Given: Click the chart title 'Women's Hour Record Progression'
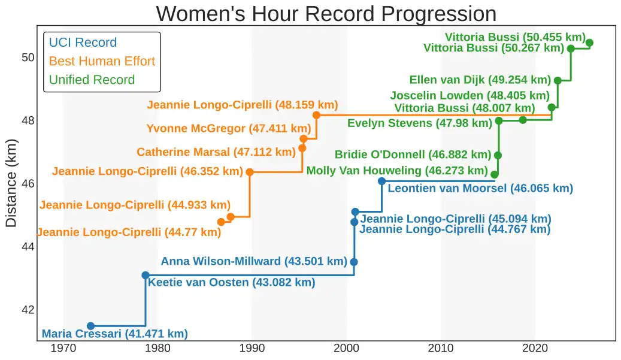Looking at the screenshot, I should (x=326, y=13).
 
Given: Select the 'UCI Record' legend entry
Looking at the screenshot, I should (x=83, y=43).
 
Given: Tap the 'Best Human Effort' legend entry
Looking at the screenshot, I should (x=102, y=61).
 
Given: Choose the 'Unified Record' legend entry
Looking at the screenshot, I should (x=92, y=80).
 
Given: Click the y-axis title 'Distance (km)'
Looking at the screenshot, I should (x=11, y=183).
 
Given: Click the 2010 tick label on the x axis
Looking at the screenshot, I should (x=441, y=348).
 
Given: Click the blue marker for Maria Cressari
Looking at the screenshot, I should (x=90, y=326).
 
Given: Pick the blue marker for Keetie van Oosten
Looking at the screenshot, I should (x=146, y=275).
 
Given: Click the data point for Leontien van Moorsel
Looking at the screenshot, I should (x=381, y=181).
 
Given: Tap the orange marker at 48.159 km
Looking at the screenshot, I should (x=316, y=115).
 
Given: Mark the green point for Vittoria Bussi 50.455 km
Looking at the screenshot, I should (x=589, y=43).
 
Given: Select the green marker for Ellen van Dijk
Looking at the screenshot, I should (x=558, y=80).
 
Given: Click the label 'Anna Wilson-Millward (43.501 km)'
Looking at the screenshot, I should (x=254, y=261).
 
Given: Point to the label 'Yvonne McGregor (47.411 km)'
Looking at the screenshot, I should (x=229, y=128).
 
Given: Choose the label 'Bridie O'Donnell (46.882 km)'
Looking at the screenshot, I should (x=413, y=155).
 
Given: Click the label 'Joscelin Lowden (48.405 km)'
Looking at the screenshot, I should (x=469, y=95).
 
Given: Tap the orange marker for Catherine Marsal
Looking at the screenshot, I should (x=302, y=148).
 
